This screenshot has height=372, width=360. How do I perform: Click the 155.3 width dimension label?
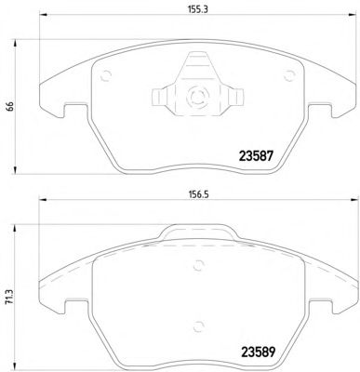[x=197, y=9]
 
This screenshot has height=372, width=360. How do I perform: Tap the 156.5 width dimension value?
[x=196, y=195]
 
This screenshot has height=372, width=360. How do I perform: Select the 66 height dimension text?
[x=9, y=106]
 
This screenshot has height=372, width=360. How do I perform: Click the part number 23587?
[x=256, y=155]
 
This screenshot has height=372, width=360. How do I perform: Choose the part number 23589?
[x=257, y=352]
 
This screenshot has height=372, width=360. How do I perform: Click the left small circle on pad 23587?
[x=106, y=76]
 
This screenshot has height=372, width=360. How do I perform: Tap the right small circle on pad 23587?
[x=289, y=75]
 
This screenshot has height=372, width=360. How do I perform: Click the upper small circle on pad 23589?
[x=198, y=265]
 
